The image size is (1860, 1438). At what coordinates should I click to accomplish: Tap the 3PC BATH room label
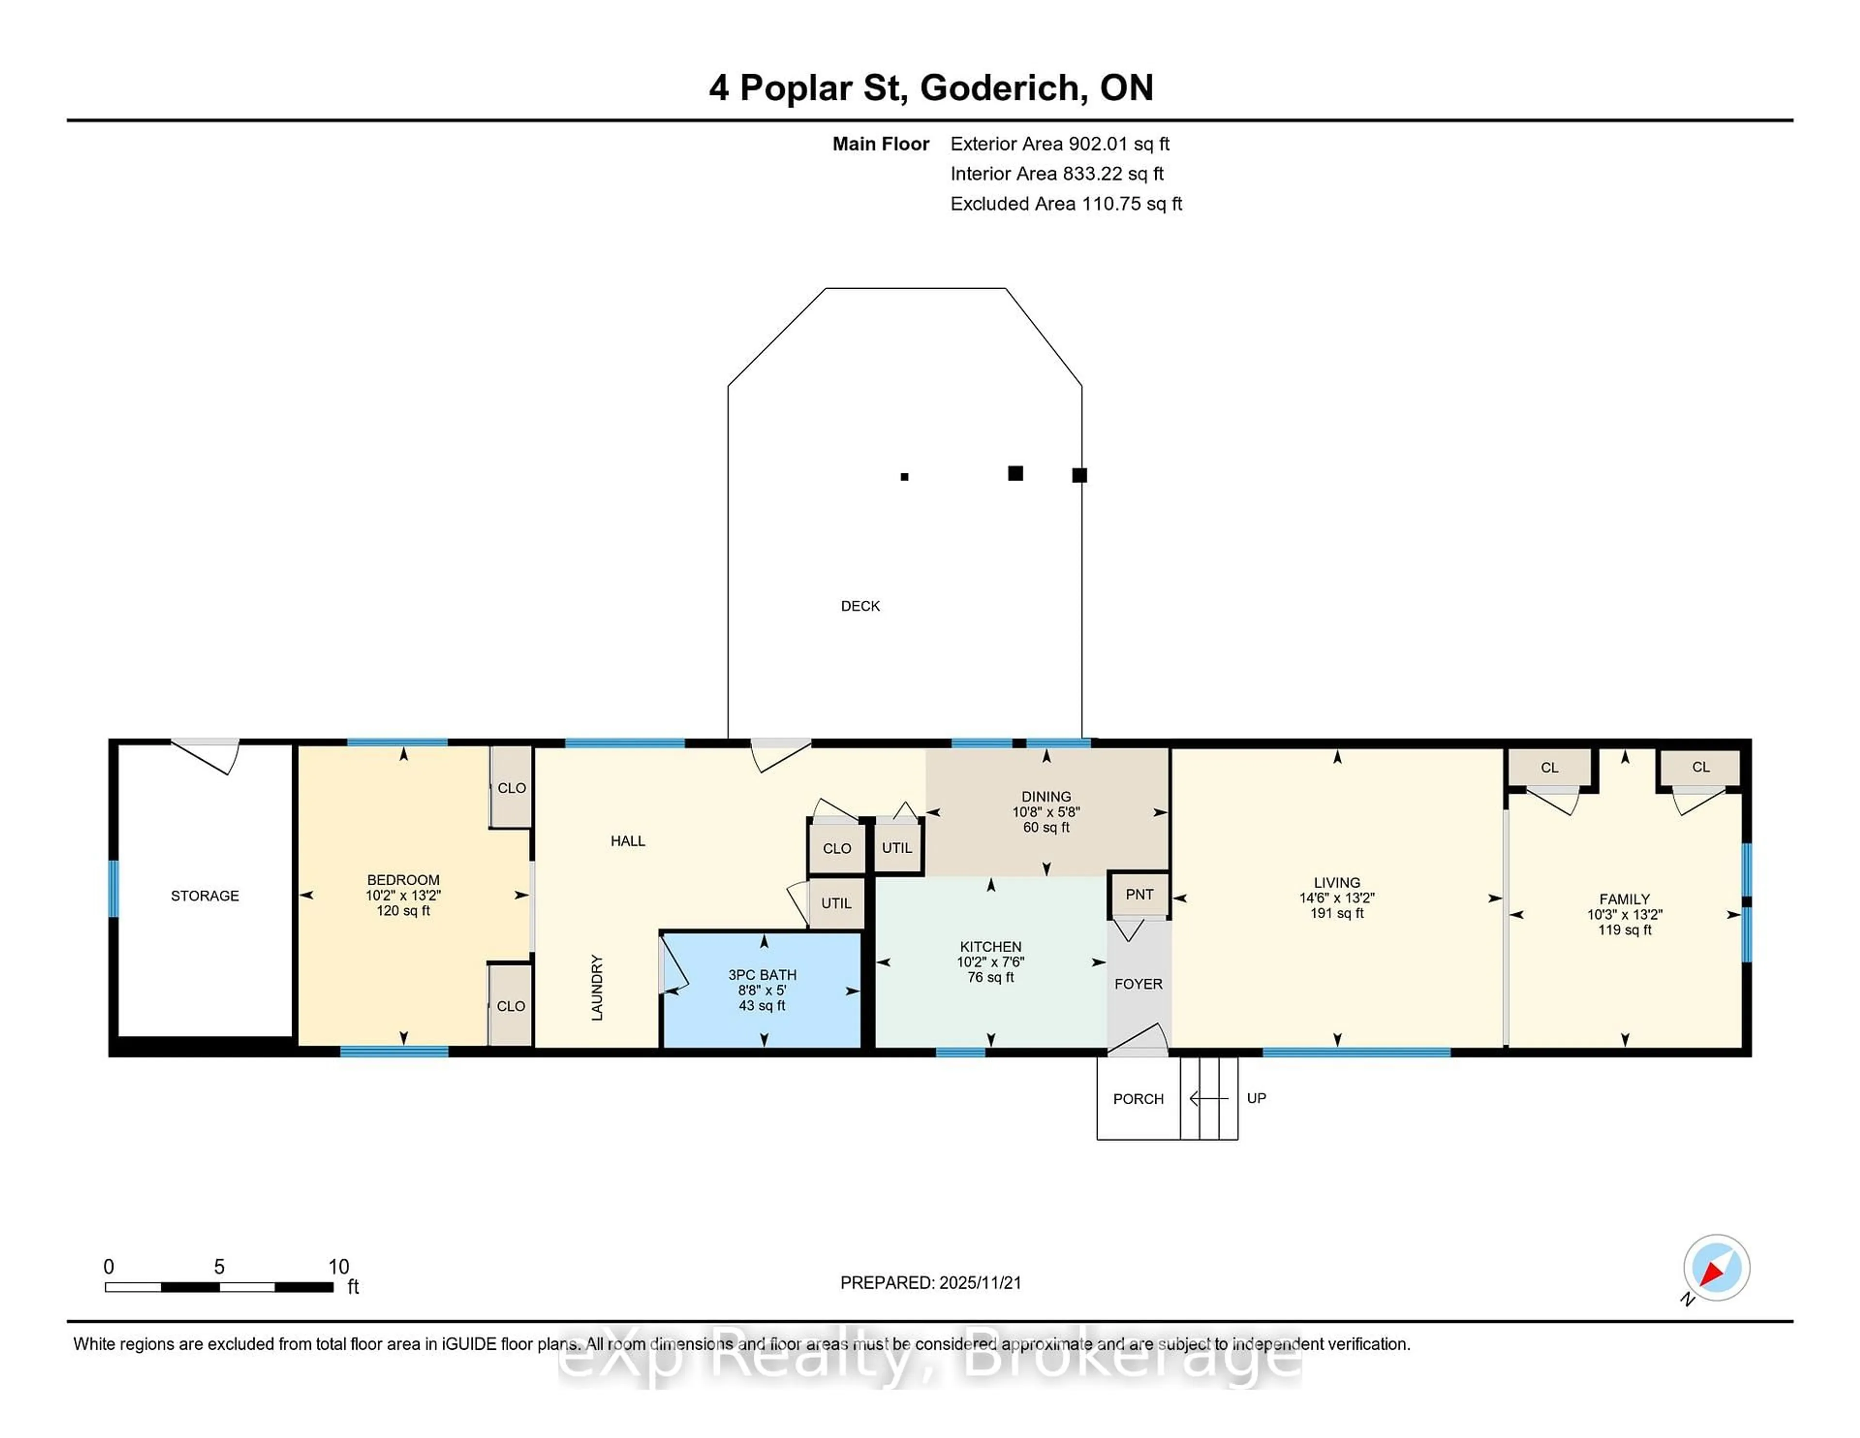click(762, 974)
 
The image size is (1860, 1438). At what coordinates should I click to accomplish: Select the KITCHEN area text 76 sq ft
click(991, 977)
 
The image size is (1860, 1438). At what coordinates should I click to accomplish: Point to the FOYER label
click(1138, 984)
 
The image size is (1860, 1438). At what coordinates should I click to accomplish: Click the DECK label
click(860, 606)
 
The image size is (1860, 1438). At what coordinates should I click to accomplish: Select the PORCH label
click(1138, 1099)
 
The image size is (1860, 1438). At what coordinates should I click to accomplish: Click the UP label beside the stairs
click(1256, 1098)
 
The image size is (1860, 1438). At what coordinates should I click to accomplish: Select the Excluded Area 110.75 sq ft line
click(1066, 203)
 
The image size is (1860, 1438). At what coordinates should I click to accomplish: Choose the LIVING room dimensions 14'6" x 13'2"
click(1336, 898)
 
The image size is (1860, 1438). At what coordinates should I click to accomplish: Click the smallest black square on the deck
click(904, 477)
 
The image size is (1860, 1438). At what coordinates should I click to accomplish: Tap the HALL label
click(628, 841)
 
